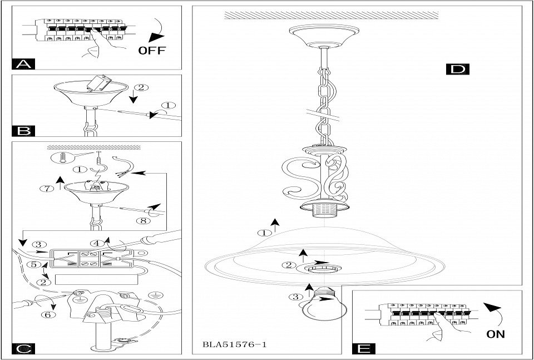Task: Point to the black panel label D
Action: coord(458,69)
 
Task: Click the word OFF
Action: coord(151,51)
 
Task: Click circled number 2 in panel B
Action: coord(142,87)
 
